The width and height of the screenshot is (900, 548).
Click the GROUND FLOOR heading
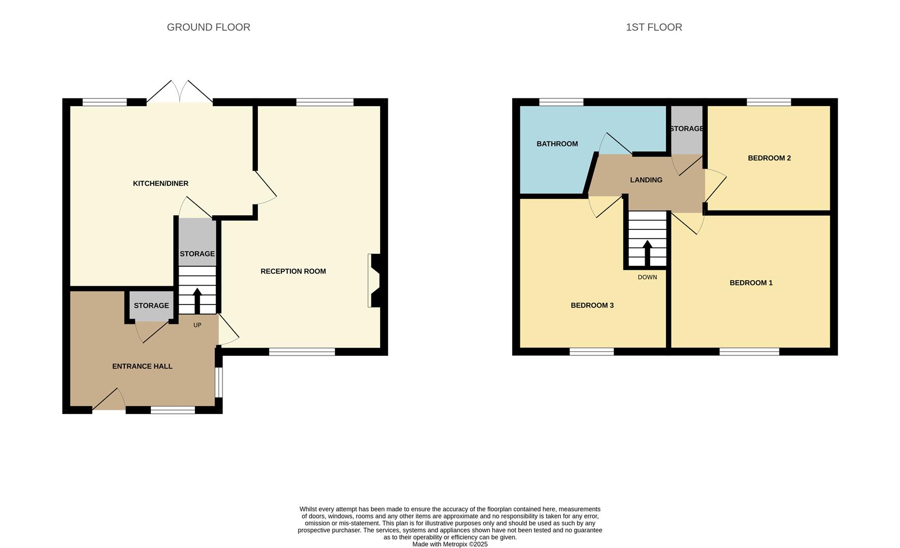tap(208, 27)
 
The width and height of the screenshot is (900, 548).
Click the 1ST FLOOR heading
tap(653, 27)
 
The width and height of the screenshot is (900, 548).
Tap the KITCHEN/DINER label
tap(160, 183)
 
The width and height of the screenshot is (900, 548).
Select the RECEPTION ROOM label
tap(293, 271)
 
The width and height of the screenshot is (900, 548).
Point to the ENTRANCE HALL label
tap(142, 366)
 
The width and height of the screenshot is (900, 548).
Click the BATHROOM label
tap(557, 144)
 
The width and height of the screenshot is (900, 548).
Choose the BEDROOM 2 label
tap(769, 158)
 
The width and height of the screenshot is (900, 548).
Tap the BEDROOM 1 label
tap(751, 283)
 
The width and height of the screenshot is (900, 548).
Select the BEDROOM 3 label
tap(592, 305)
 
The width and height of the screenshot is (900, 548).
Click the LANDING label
tap(646, 180)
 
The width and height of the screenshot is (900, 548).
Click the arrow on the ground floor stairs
tap(197, 300)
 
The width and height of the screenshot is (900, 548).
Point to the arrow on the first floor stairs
tap(647, 252)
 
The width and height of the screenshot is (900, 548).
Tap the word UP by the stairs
tap(197, 325)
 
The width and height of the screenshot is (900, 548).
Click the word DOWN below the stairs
tap(647, 278)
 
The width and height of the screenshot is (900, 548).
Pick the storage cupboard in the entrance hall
tap(151, 305)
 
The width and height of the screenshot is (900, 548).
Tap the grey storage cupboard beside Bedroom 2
tap(687, 129)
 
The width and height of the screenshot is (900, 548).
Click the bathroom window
tap(561, 102)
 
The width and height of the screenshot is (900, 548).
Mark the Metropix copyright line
tap(450, 544)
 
